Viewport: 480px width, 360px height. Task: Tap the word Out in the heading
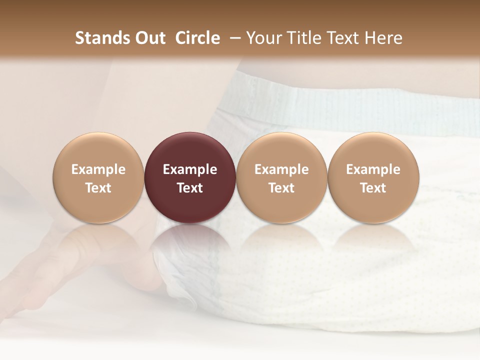point(148,38)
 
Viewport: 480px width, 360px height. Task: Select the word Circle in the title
point(197,38)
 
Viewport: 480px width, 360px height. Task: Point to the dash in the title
point(233,38)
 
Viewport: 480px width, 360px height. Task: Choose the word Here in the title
point(385,38)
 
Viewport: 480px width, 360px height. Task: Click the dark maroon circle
point(189,150)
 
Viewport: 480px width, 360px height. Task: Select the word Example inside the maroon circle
point(189,169)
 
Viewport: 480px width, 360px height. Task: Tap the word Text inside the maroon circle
point(189,188)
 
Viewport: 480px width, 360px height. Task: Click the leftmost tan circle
point(98,150)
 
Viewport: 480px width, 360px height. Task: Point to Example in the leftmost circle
point(98,169)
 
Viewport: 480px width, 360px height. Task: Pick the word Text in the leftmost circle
point(98,188)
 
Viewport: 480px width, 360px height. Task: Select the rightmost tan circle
point(373,150)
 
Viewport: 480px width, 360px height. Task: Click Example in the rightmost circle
point(373,169)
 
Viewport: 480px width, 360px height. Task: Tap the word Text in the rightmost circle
point(373,188)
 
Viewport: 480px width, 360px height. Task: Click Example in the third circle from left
point(281,169)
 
